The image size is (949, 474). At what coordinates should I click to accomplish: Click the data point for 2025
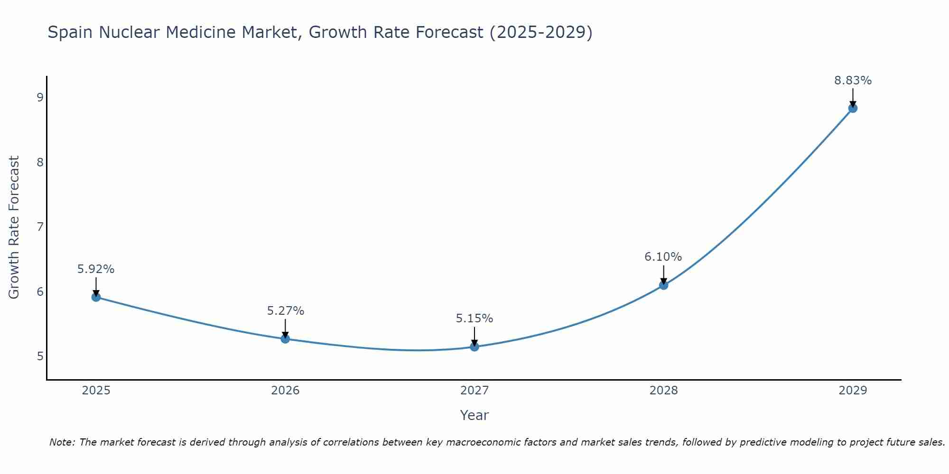96,297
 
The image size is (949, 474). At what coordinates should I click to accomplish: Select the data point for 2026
285,339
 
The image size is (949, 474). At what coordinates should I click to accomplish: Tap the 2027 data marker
474,347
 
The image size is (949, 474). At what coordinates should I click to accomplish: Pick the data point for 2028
663,285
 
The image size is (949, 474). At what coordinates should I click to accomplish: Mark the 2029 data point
853,108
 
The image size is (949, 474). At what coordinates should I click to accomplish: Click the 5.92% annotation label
96,269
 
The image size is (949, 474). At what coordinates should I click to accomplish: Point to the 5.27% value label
285,311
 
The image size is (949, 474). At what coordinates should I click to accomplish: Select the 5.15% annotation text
474,319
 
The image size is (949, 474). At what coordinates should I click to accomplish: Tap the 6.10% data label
663,257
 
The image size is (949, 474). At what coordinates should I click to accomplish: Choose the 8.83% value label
853,81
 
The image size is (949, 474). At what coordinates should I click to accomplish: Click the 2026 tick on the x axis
285,391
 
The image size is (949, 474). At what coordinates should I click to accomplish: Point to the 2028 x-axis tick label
663,391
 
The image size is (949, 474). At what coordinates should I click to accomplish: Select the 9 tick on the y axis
40,98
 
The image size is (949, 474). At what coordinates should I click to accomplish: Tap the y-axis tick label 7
40,227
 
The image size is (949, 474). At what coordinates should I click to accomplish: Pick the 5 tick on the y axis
40,356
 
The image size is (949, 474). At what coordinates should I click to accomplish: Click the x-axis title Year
474,415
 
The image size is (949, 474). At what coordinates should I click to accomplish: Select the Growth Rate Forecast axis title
14,227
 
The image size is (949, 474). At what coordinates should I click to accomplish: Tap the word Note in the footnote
62,442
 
